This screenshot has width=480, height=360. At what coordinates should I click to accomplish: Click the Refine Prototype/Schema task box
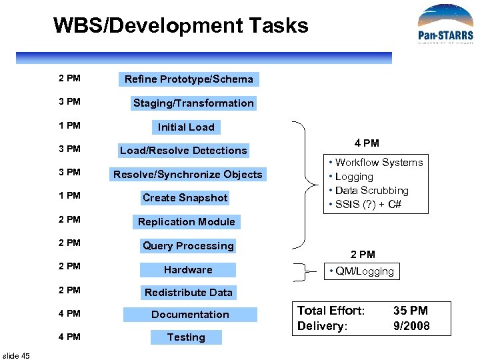coord(189,79)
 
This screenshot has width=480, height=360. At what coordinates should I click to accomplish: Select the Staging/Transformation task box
coord(193,103)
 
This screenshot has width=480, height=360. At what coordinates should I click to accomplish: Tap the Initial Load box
coord(186,127)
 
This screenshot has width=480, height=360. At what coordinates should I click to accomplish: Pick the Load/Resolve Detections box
coord(183,151)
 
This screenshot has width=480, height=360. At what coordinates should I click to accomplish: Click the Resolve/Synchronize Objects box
coord(188,175)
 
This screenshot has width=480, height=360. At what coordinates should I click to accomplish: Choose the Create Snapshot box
coord(185,198)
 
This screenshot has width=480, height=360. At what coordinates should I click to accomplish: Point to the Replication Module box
coord(187,222)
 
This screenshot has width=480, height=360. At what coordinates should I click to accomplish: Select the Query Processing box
coord(188,246)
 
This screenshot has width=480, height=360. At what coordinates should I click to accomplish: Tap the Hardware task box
coord(188,270)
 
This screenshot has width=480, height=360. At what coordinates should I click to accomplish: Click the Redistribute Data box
coord(189,293)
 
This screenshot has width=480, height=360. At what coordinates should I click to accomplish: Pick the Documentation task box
coord(190,315)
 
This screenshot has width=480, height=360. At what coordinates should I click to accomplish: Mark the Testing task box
coord(186,337)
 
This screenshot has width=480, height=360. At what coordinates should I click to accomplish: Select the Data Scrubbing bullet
coord(371,191)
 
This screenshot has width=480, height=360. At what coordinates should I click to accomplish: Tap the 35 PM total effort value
coord(411,311)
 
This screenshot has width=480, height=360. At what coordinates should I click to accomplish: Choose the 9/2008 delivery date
coord(411,326)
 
